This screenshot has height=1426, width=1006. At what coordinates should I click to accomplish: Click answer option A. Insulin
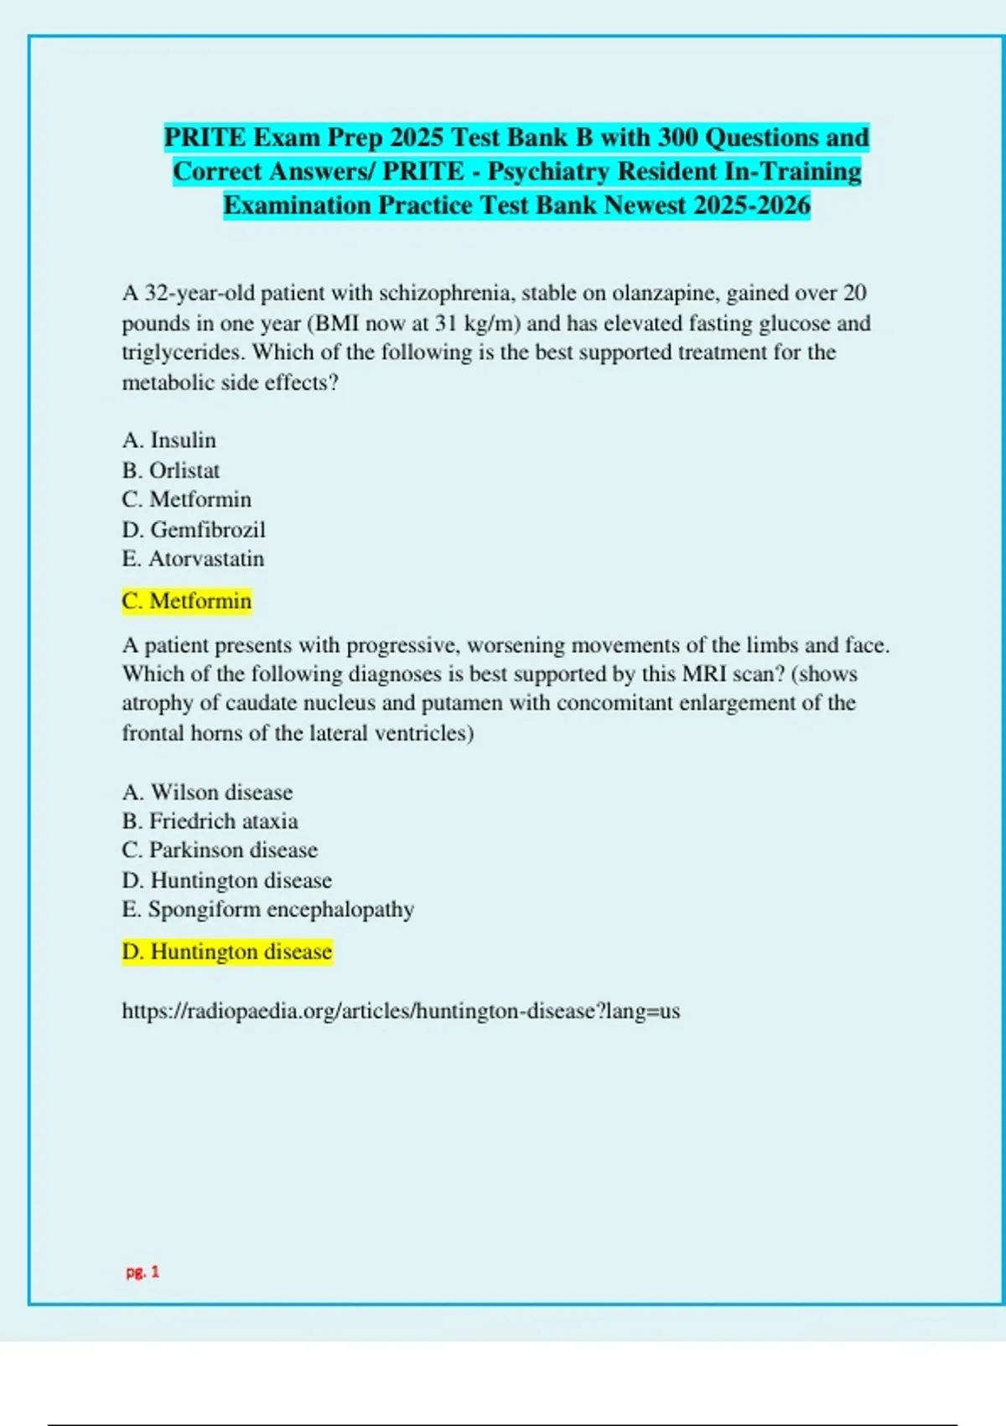pyautogui.click(x=169, y=440)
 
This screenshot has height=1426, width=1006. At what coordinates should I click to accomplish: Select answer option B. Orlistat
pyautogui.click(x=170, y=471)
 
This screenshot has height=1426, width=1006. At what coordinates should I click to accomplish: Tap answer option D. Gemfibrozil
pyautogui.click(x=193, y=530)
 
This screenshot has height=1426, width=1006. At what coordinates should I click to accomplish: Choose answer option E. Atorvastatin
pyautogui.click(x=193, y=559)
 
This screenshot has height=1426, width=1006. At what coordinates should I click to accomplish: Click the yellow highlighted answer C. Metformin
pyautogui.click(x=186, y=601)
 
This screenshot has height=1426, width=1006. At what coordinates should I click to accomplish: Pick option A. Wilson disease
pyautogui.click(x=207, y=793)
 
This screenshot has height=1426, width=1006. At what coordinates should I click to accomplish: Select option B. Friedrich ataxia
pyautogui.click(x=210, y=821)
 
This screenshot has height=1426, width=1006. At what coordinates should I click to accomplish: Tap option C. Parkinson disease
pyautogui.click(x=220, y=851)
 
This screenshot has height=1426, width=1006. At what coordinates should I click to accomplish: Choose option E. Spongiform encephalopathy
pyautogui.click(x=268, y=909)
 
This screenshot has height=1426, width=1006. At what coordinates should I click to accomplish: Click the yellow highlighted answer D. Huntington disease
pyautogui.click(x=226, y=952)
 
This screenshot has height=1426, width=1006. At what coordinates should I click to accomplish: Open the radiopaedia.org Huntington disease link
pyautogui.click(x=401, y=1012)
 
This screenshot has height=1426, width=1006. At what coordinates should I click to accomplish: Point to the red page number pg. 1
pyautogui.click(x=143, y=1272)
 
